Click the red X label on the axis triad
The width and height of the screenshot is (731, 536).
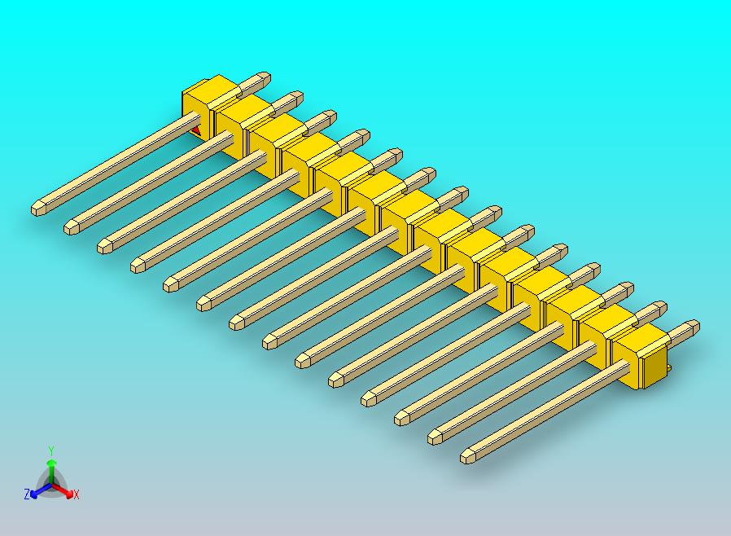click(76, 494)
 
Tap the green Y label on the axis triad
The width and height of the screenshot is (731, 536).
click(51, 450)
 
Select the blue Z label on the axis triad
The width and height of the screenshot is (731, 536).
click(27, 494)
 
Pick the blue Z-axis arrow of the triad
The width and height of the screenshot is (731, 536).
click(37, 490)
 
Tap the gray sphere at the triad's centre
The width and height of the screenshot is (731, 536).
click(51, 484)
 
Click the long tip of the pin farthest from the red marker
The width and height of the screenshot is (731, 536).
click(469, 456)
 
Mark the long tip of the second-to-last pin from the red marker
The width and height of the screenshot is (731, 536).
click(436, 437)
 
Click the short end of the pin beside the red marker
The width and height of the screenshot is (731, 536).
click(262, 79)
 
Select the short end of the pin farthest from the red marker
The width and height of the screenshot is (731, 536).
click(693, 327)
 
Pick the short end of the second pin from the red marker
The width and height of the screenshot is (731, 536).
click(295, 98)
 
